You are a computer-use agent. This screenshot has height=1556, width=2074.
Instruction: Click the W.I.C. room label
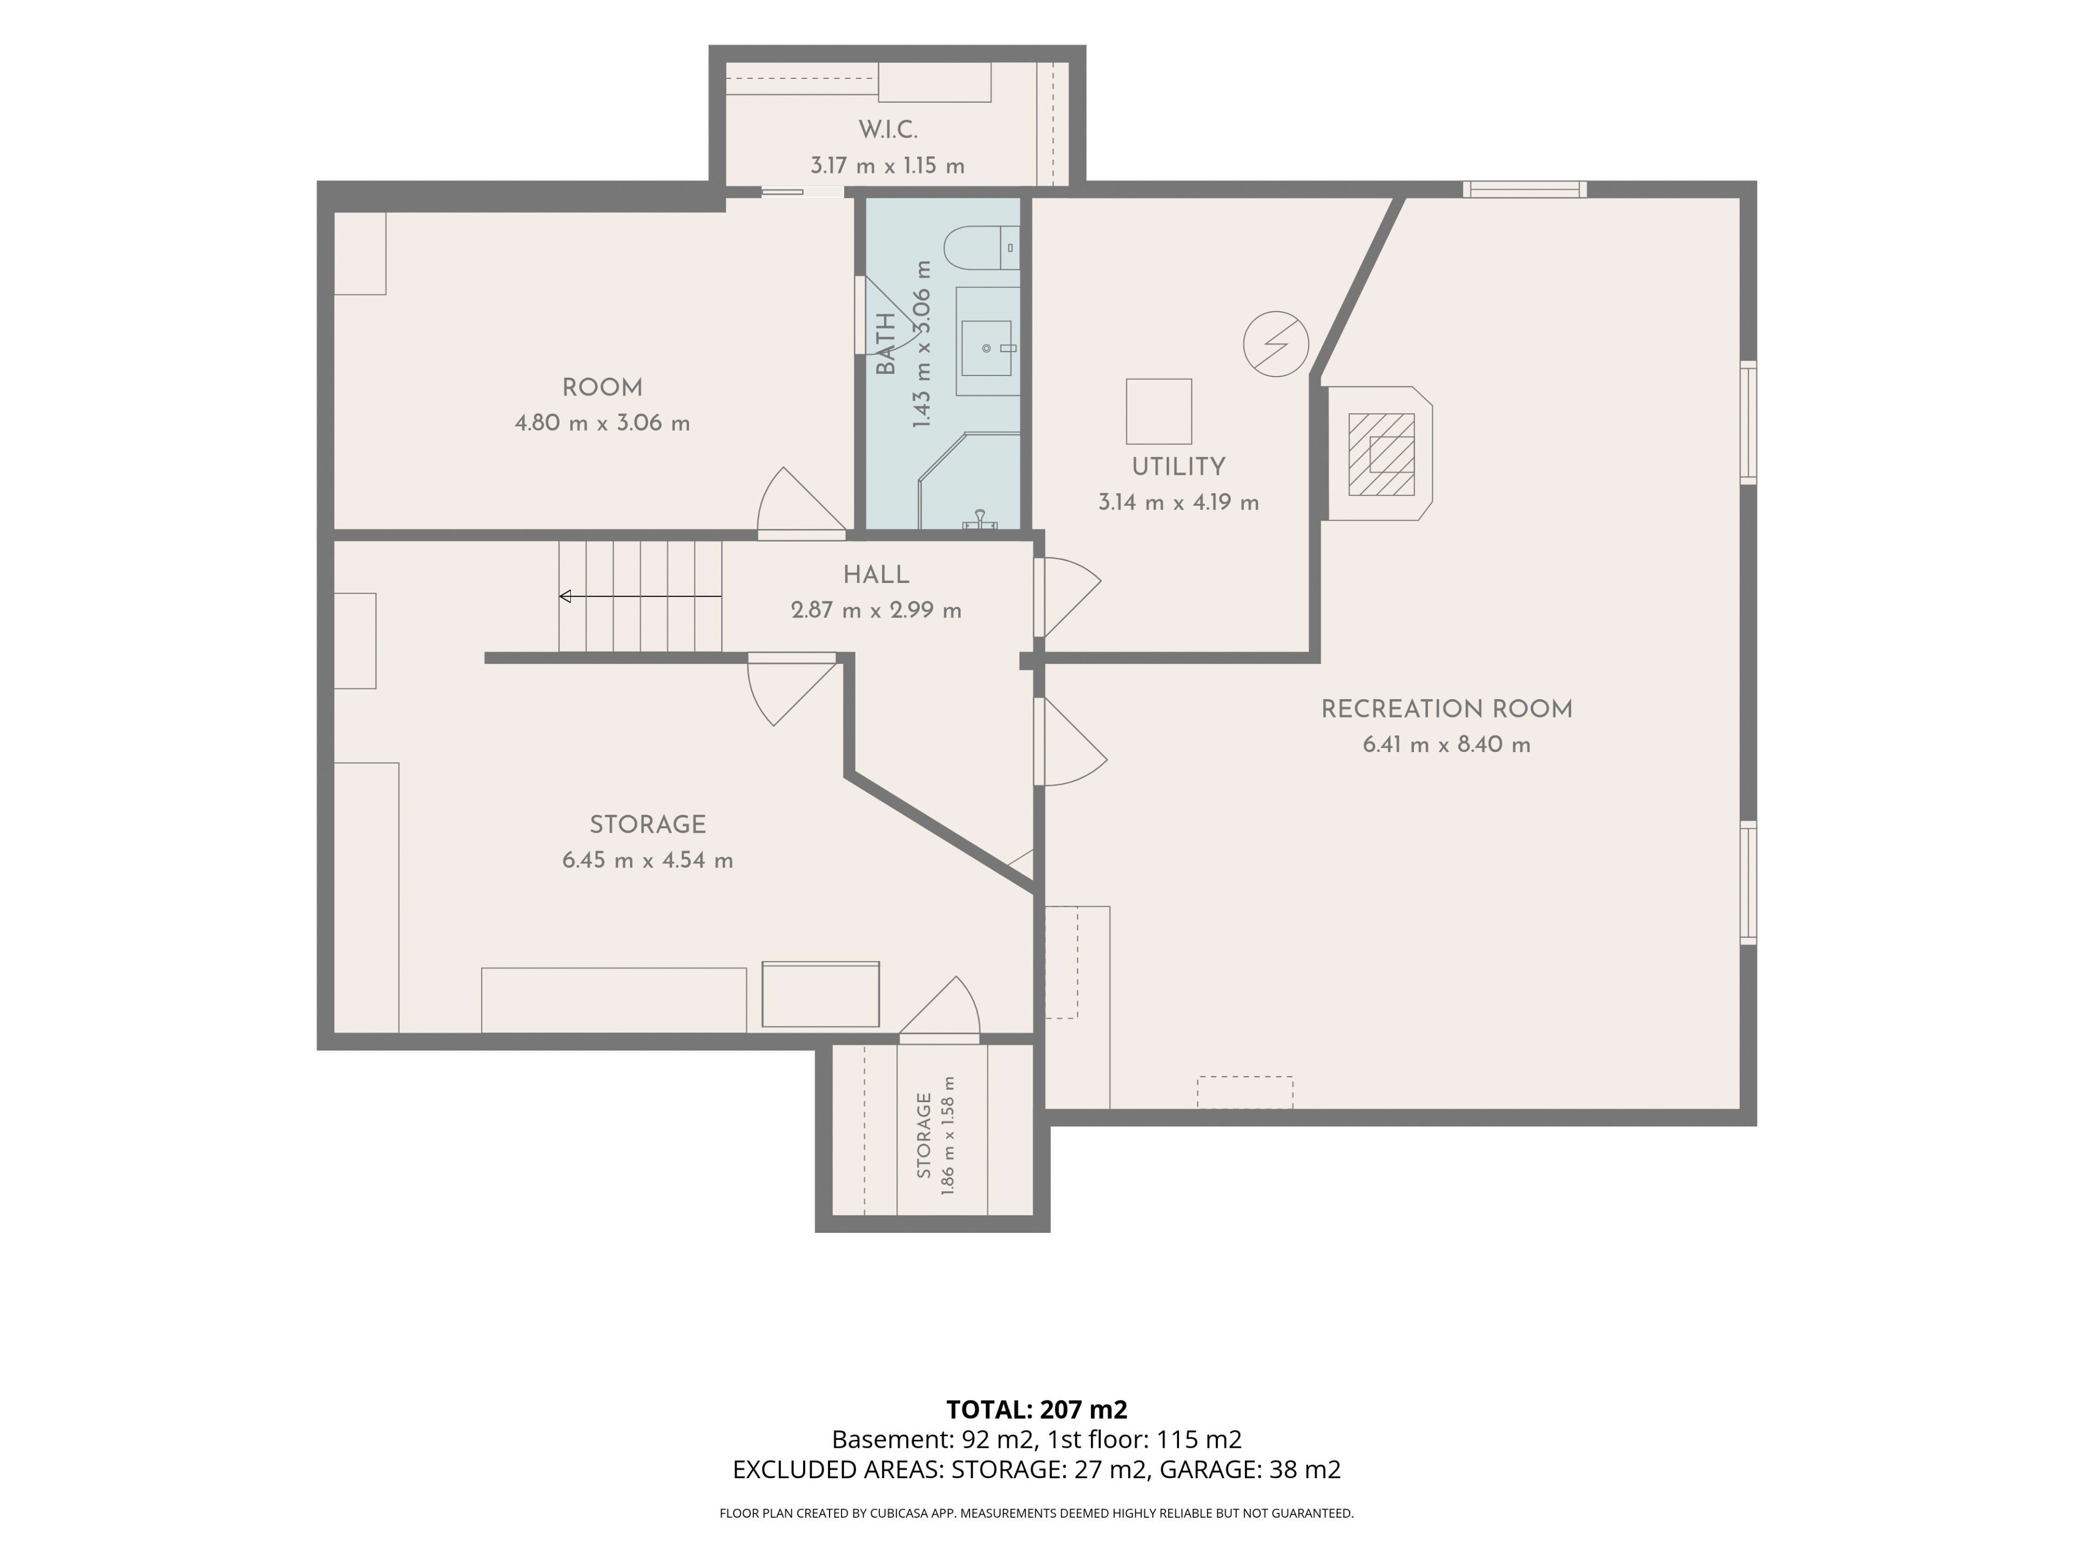pyautogui.click(x=887, y=130)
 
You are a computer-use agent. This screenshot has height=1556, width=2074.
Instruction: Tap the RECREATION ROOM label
pyautogui.click(x=1447, y=709)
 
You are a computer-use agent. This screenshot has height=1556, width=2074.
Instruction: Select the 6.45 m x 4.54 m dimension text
pyautogui.click(x=648, y=860)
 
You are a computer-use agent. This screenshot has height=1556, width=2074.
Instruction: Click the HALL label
pyautogui.click(x=876, y=575)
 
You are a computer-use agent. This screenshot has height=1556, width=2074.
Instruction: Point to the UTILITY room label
pyautogui.click(x=1179, y=467)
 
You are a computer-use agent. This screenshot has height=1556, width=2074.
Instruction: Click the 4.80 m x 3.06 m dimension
pyautogui.click(x=602, y=423)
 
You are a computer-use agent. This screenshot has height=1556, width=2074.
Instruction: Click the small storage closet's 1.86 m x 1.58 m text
pyautogui.click(x=948, y=1135)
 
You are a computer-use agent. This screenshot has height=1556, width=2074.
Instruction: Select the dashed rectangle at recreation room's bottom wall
pyautogui.click(x=1245, y=1092)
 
